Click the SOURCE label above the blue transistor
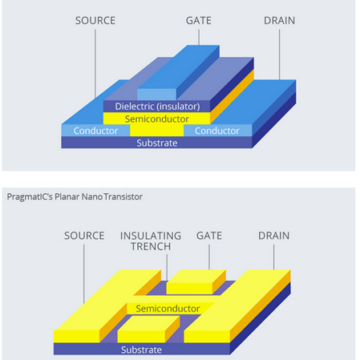[x=95, y=20]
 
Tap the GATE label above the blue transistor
[x=199, y=20]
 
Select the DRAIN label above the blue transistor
[x=279, y=20]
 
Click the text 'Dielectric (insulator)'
[x=157, y=106]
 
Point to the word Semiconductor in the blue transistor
[x=157, y=119]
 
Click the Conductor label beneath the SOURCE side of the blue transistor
[x=95, y=131]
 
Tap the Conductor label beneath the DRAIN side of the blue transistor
[x=217, y=131]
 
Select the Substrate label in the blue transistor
[x=157, y=143]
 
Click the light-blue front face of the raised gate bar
[x=157, y=95]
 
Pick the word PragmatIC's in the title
[x=30, y=197]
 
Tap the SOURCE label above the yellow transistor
[x=85, y=236]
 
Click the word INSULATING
[x=151, y=236]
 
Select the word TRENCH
[x=151, y=247]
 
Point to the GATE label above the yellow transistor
[x=209, y=236]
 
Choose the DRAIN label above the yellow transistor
[x=274, y=236]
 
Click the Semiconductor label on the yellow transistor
[x=167, y=308]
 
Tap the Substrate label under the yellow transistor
[x=142, y=350]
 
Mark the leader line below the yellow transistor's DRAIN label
[x=274, y=257]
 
